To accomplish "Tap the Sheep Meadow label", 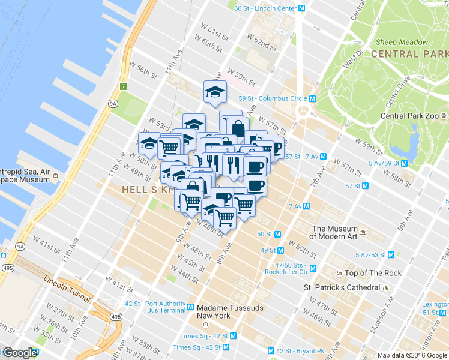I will [x=402, y=43].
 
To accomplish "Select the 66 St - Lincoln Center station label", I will [x=265, y=8].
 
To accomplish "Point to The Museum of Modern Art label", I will [x=334, y=232].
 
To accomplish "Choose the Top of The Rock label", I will [x=373, y=274].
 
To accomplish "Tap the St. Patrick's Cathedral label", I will [x=342, y=287].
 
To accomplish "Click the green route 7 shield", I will [x=123, y=86].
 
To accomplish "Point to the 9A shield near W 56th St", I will [x=112, y=103].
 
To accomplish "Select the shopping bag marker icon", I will [x=238, y=128].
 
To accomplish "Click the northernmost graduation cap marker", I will [x=214, y=91].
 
